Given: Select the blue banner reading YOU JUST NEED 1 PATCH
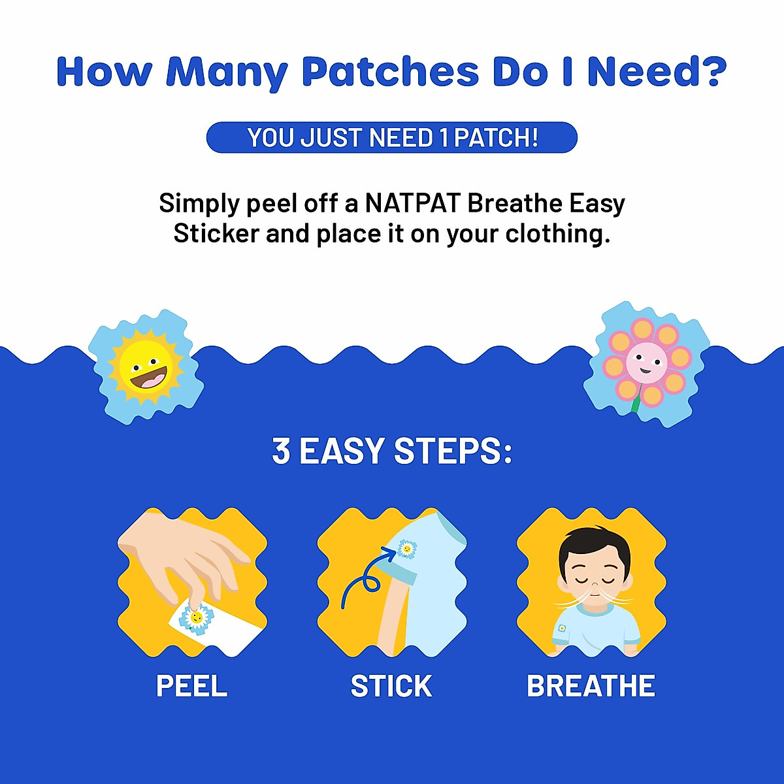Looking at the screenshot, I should (x=392, y=138).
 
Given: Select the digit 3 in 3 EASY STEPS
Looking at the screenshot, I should (x=281, y=451).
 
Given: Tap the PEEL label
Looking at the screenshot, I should (x=191, y=686).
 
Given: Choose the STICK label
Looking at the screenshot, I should (x=391, y=686).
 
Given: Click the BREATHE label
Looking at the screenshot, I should (x=591, y=686).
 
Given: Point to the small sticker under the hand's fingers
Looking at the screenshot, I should (x=195, y=617).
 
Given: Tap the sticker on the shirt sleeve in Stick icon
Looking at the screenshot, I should (x=407, y=549).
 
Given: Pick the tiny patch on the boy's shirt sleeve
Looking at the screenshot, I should (x=561, y=629).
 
